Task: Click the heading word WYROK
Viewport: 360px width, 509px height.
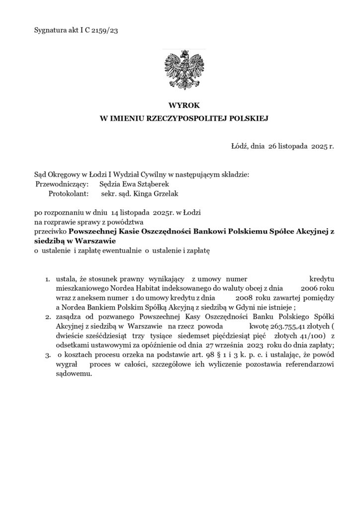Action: pos(180,105)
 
